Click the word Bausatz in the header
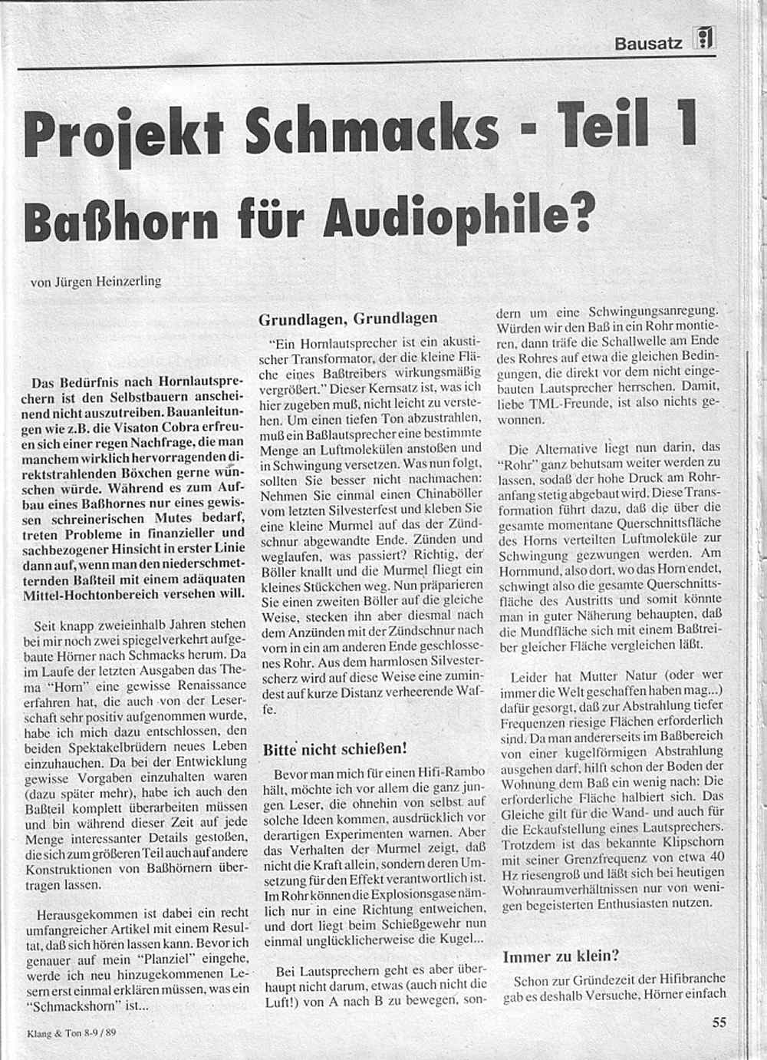click(648, 44)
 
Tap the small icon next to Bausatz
click(704, 38)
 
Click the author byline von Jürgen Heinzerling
click(96, 281)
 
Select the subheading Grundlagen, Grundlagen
click(347, 318)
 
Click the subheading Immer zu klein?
click(561, 956)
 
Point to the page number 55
click(719, 1022)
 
